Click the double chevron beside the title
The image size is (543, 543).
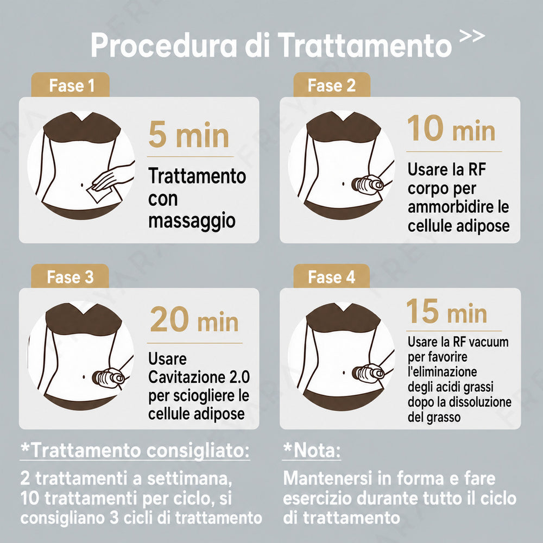pos(472,36)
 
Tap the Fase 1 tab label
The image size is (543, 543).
pos(72,86)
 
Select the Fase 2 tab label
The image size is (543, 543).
pos(332,85)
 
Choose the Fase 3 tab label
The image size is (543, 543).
pos(70,277)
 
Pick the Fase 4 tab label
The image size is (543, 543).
pos(332,277)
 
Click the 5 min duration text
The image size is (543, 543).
pos(189,135)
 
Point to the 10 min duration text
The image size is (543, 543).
pos(451,128)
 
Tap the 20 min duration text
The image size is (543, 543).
pos(194,319)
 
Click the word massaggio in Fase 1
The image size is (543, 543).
pos(192,220)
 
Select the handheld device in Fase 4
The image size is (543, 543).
pos(368,372)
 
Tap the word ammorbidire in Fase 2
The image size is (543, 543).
pos(451,207)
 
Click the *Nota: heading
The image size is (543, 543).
pos(312,451)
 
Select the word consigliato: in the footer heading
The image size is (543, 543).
pos(198,451)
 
